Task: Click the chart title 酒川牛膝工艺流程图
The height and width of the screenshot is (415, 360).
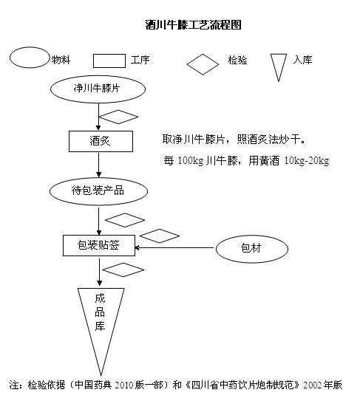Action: coord(194,25)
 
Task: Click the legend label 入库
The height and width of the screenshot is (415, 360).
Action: coord(303,60)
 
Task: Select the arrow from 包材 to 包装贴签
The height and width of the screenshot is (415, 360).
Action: coord(174,247)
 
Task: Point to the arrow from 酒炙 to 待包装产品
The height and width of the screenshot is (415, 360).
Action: coord(99,165)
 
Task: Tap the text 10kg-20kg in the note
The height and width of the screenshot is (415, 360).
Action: coord(307,161)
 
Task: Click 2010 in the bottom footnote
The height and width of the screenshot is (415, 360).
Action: coord(123,385)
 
